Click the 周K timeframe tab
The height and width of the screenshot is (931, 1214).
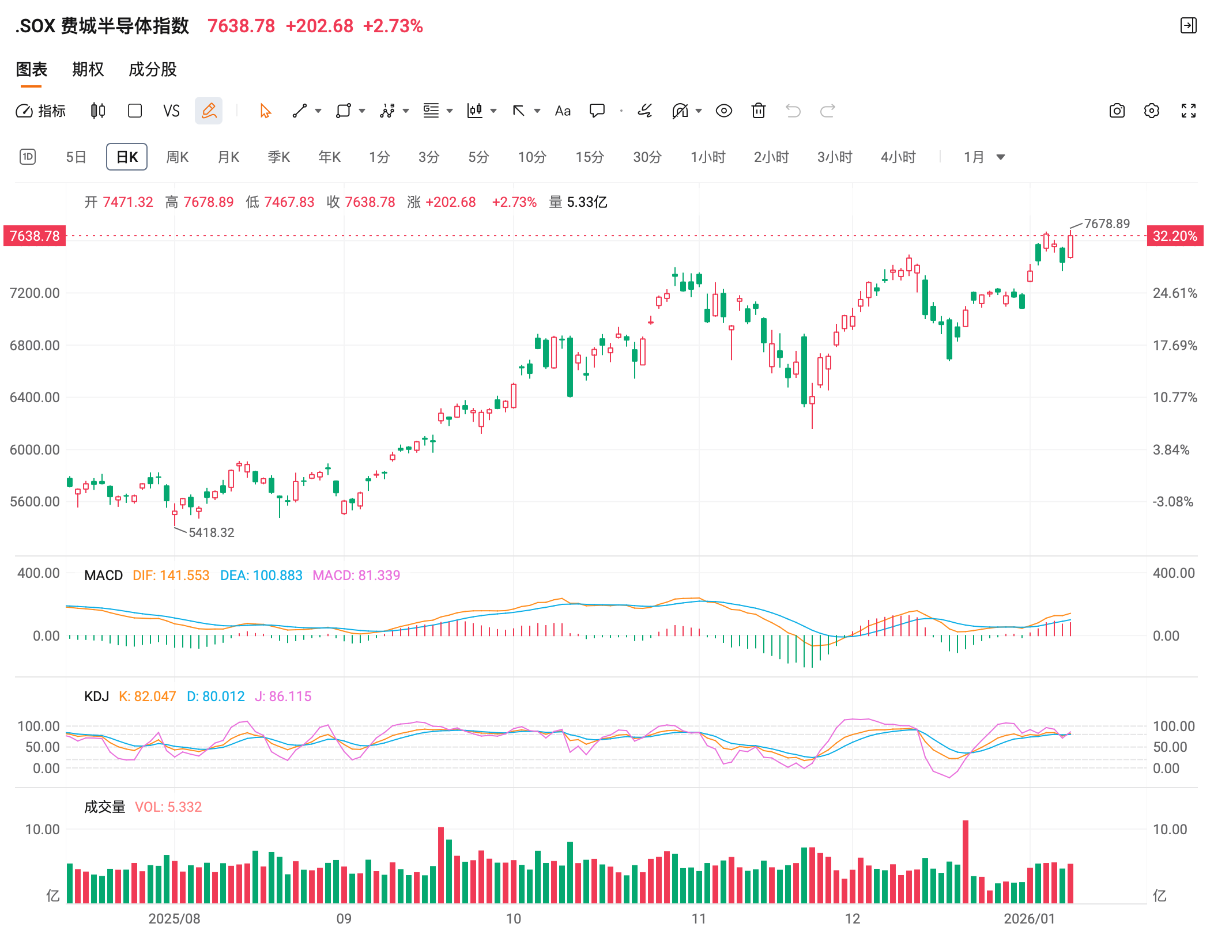[x=177, y=157]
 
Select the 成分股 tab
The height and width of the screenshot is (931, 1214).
[x=152, y=70]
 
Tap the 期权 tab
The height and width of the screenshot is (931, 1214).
[x=88, y=70]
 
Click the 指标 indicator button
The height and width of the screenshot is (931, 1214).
[x=40, y=111]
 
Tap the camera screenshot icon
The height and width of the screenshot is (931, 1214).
[x=1117, y=111]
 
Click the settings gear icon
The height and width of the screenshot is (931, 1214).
[x=1151, y=111]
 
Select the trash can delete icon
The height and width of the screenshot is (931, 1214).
[x=758, y=111]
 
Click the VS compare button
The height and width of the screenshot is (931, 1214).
[x=171, y=111]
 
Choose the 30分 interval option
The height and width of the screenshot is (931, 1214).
[x=647, y=157]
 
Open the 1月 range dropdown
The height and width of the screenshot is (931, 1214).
[x=984, y=157]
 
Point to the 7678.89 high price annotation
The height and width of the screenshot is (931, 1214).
[x=1107, y=224]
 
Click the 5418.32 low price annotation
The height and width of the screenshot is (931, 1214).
[x=211, y=532]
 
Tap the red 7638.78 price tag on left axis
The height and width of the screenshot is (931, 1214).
[x=35, y=236]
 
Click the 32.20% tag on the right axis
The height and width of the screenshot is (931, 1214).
[x=1175, y=236]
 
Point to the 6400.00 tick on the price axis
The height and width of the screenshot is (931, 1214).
[x=35, y=398]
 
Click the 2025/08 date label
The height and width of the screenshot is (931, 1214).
[x=174, y=918]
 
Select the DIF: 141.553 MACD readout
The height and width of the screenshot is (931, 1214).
[x=171, y=576]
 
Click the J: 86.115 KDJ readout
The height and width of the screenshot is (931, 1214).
[x=282, y=697]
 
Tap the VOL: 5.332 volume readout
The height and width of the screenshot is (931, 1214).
[x=168, y=807]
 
